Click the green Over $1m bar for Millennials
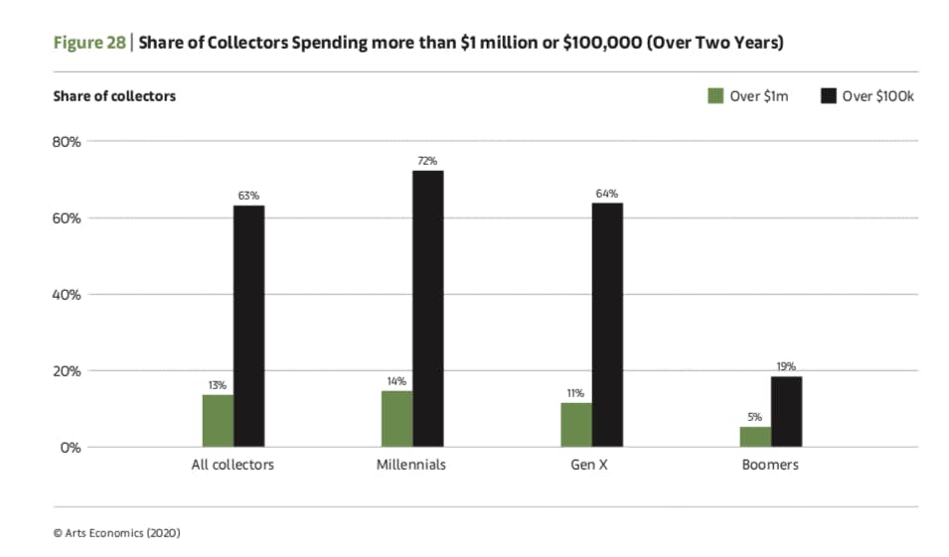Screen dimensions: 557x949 tap(396, 419)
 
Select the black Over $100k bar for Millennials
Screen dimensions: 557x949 tap(428, 309)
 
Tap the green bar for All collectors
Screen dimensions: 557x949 tap(218, 421)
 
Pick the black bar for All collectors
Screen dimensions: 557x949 tap(249, 326)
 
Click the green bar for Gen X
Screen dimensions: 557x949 tap(575, 425)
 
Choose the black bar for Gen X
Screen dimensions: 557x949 tap(607, 325)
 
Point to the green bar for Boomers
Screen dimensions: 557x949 tap(754, 437)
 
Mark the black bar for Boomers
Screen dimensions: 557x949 tap(786, 411)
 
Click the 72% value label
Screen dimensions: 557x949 tap(428, 161)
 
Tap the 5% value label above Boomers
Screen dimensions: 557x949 tap(754, 417)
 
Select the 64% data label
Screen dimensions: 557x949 tap(607, 193)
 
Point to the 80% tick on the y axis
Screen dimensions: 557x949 tap(67, 141)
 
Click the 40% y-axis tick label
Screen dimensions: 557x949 tap(67, 294)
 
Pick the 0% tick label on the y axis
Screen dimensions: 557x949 tap(71, 447)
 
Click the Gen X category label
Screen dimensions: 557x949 tap(590, 465)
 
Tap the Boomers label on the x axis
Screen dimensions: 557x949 tap(769, 465)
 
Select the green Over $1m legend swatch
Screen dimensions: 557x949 tap(714, 96)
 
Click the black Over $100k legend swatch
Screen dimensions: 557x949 tap(827, 96)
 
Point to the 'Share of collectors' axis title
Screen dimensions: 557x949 tap(113, 96)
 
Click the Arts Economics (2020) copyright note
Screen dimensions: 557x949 tap(116, 532)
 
